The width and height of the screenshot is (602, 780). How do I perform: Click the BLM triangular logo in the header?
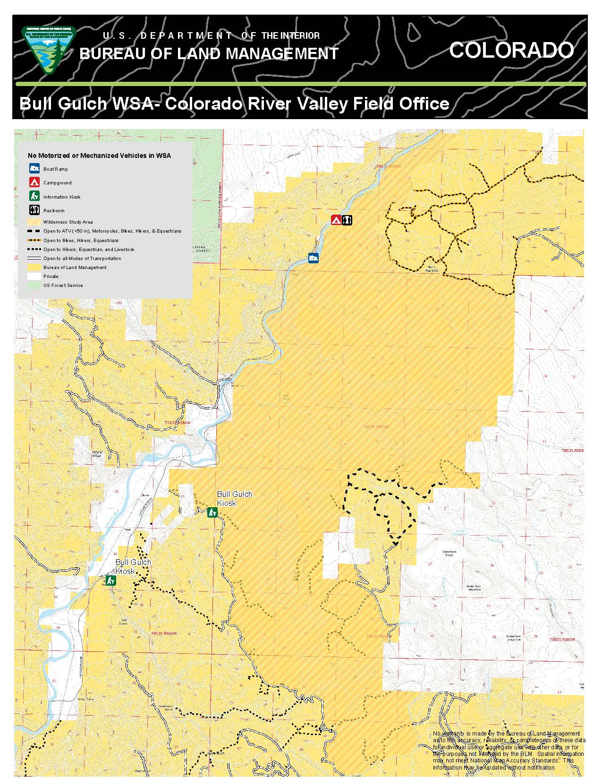tap(48, 50)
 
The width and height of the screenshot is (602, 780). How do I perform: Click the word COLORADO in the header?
tap(511, 50)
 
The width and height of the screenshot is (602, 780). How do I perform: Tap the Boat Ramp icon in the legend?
tap(34, 169)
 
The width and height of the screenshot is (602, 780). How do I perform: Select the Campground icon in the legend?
tap(34, 182)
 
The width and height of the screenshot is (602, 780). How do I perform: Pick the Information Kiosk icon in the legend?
tap(34, 196)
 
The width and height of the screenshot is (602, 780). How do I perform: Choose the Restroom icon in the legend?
tap(34, 210)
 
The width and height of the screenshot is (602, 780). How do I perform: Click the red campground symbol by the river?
tap(336, 220)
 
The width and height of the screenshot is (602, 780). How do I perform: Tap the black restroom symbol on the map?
tap(347, 220)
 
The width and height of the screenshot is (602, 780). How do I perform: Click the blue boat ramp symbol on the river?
tap(313, 258)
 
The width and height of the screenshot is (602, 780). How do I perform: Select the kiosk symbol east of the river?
tap(212, 512)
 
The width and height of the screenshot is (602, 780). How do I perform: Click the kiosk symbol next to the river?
tap(111, 580)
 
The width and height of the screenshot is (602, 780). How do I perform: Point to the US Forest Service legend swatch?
tap(34, 286)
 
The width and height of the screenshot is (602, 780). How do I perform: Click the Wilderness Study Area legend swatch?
tap(34, 222)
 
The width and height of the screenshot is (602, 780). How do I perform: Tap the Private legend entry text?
tap(51, 277)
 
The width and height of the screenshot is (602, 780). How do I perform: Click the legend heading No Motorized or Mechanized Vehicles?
tap(99, 156)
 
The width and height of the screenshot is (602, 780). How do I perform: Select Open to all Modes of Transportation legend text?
tap(82, 259)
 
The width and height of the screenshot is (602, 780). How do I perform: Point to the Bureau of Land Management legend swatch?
tap(34, 268)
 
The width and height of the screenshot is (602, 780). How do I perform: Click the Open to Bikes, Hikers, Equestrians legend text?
tap(81, 241)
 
